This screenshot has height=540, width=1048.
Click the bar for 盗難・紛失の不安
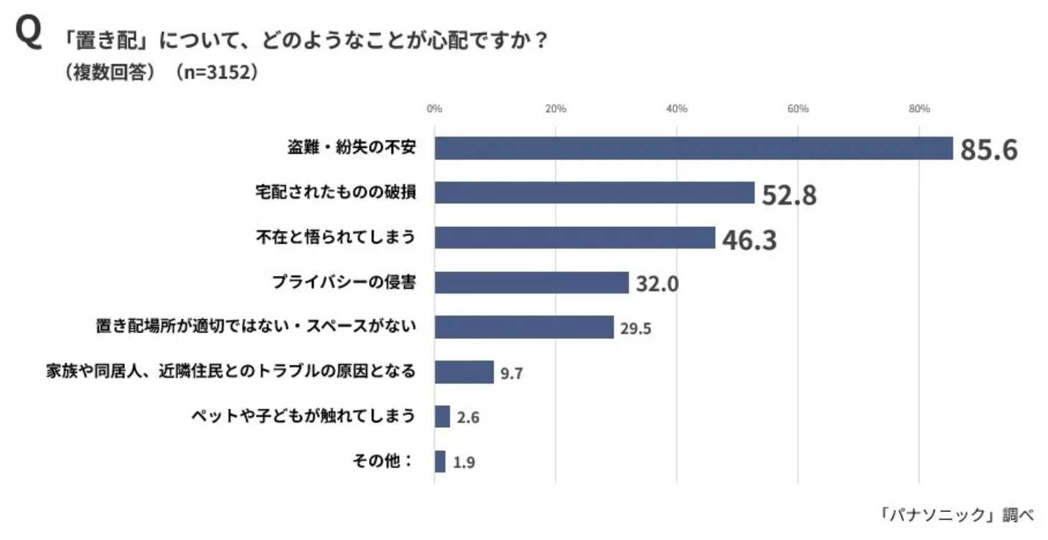click(693, 148)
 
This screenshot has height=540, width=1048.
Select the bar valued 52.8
click(594, 192)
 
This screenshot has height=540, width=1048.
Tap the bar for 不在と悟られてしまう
click(575, 238)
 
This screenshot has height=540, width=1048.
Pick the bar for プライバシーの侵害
click(531, 282)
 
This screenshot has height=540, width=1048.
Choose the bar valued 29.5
click(524, 327)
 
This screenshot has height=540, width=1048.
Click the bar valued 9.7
click(464, 372)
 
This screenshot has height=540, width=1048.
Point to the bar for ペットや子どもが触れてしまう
click(442, 416)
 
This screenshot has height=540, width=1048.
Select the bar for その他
click(440, 461)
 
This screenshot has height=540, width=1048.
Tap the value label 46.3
click(749, 240)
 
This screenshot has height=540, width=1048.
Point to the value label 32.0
click(656, 284)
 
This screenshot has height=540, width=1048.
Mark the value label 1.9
click(464, 462)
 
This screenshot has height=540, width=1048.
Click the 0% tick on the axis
click(434, 108)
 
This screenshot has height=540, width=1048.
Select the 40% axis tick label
click(676, 108)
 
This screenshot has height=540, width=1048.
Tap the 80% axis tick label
click(919, 108)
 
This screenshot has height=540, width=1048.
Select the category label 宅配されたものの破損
click(335, 192)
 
